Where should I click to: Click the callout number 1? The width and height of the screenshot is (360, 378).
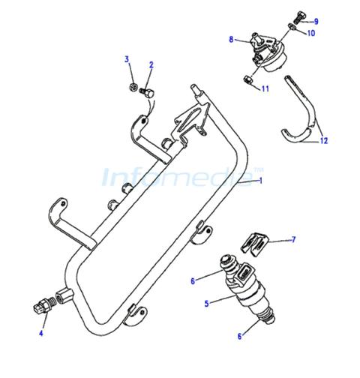[261, 180]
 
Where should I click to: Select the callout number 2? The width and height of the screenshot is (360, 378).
[151, 65]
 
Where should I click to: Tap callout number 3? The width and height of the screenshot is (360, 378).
[127, 59]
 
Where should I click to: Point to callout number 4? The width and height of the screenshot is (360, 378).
[41, 333]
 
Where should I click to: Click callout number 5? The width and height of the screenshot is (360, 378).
[206, 304]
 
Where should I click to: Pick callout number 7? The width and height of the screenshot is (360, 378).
[293, 240]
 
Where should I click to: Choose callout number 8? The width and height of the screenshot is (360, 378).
[231, 40]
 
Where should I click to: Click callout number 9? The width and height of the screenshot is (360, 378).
[316, 22]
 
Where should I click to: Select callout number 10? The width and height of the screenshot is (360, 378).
[311, 33]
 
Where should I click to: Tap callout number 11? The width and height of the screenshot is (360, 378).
[265, 88]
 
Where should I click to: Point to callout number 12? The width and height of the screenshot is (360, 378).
[324, 141]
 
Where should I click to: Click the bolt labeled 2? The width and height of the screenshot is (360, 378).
[147, 93]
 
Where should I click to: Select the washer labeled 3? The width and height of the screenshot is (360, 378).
[134, 87]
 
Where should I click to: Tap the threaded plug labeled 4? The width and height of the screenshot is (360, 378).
[43, 305]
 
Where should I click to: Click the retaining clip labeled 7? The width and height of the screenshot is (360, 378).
[254, 244]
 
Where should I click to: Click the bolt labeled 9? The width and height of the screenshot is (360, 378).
[300, 17]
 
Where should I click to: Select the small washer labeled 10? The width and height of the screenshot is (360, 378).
[292, 27]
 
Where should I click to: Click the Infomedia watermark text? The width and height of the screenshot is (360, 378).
[182, 177]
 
